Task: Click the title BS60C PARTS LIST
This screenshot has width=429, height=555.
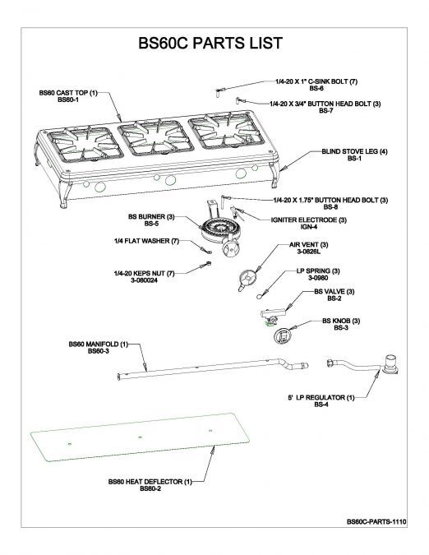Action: pos(211,43)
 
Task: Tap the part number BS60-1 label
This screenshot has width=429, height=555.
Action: pos(68,101)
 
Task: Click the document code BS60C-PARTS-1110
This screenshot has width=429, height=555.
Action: pos(377,522)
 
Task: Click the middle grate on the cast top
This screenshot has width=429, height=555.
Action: pos(150,137)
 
